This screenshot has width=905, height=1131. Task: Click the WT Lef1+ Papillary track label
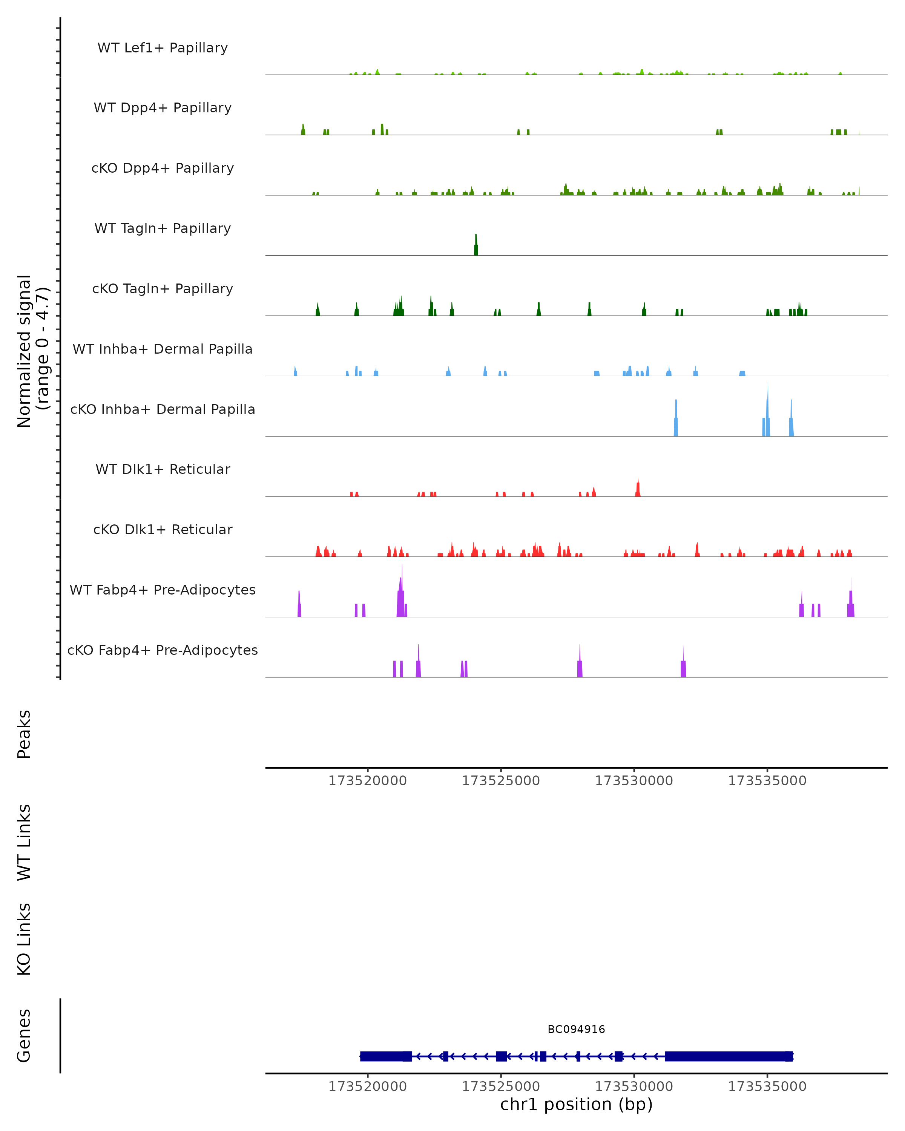pos(163,48)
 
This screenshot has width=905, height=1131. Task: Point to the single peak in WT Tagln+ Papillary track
pos(476,246)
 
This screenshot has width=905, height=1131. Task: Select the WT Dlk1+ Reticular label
pos(163,469)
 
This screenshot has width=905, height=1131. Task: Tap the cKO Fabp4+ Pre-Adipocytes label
pos(163,650)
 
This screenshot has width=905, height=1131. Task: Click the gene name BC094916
pos(576,1029)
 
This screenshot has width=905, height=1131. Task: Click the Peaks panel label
pos(24,734)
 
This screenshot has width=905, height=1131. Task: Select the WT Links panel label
pos(24,842)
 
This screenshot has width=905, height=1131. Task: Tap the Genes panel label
pos(24,1036)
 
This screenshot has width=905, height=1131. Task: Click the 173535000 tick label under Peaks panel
pos(767,781)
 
